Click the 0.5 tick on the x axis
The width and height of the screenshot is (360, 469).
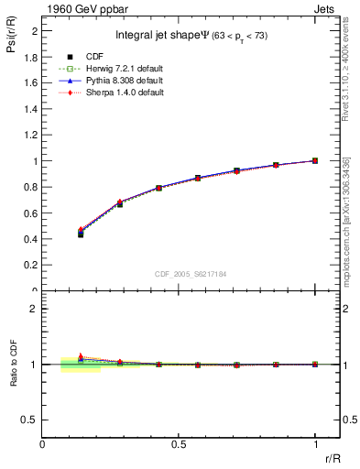click(x=180, y=444)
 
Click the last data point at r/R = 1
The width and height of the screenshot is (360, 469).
click(x=315, y=160)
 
